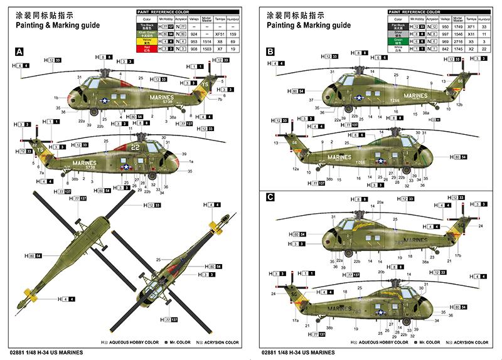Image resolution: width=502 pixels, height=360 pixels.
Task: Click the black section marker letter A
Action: click(x=19, y=52)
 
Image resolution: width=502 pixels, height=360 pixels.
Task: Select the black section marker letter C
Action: click(x=270, y=197)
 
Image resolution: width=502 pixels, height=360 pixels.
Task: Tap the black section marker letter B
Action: click(x=270, y=52)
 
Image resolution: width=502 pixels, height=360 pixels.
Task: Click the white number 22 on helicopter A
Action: click(x=135, y=148)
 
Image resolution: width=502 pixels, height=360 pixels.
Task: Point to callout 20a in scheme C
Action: click(x=380, y=203)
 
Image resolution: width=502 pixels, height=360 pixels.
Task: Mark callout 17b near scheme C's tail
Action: click(x=458, y=255)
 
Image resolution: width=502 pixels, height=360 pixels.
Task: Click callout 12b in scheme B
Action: click(x=459, y=105)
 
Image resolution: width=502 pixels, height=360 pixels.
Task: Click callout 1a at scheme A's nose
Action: click(x=191, y=162)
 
